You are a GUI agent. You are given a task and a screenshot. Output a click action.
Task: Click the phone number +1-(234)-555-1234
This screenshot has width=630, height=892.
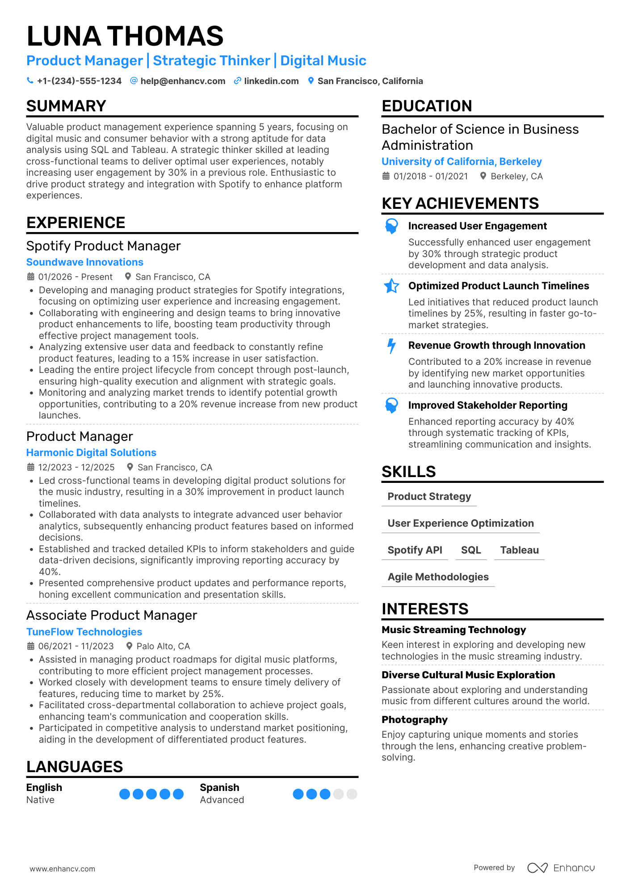coord(79,81)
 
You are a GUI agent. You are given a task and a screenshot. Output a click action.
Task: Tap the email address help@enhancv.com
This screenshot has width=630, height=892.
coord(183,81)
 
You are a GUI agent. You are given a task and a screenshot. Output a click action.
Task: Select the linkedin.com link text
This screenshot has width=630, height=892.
coord(271,81)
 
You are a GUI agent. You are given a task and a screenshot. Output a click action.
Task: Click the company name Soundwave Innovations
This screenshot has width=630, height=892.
coord(85,262)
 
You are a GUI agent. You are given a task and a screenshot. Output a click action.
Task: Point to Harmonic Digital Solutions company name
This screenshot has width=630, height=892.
coord(91,452)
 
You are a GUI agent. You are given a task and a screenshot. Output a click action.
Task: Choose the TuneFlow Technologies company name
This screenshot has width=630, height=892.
coord(84,632)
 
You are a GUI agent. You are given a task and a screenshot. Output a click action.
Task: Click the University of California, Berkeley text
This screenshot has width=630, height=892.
coord(462,161)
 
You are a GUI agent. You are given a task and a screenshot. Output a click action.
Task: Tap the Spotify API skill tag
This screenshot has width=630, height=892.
coord(415,550)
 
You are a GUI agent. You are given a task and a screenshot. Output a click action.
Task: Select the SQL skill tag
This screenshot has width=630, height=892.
coord(471,550)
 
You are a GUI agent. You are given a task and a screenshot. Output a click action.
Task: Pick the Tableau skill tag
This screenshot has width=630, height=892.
coord(519,550)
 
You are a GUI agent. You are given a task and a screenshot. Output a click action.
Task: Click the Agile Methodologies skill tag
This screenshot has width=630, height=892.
coord(438,577)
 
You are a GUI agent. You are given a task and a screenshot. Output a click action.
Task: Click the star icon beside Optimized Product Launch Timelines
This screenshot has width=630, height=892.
coord(391,286)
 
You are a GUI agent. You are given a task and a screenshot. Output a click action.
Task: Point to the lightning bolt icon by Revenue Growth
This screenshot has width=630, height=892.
coord(391,346)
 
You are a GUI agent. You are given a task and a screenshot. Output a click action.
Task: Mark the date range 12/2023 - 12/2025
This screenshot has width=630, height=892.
coord(76,467)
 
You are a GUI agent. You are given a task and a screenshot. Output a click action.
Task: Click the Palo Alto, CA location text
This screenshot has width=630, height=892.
coord(163,646)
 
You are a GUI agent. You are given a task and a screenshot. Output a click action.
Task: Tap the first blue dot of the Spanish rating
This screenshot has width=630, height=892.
coord(298,794)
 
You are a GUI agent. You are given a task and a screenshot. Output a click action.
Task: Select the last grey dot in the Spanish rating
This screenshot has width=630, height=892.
coord(352,794)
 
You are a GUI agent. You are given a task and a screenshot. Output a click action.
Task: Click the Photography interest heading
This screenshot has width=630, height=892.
coord(414,719)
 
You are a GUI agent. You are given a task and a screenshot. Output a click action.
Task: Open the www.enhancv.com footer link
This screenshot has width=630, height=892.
coord(63,869)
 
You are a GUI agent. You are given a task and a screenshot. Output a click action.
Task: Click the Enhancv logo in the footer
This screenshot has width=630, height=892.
coord(561,868)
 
